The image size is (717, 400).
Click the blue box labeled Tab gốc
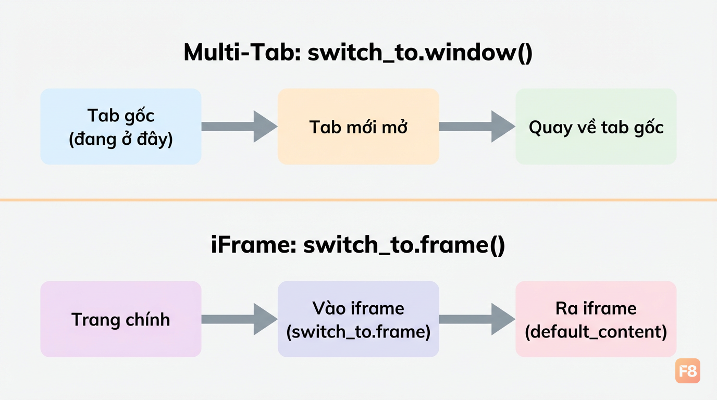coord(121,127)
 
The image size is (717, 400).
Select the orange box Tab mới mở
coord(358,127)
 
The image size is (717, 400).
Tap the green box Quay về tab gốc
coord(596,127)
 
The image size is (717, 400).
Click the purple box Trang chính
coord(121,319)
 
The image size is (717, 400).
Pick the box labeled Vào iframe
coord(358,319)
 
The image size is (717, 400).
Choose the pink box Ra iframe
coord(596,319)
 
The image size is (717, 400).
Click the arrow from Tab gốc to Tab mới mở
coord(239,127)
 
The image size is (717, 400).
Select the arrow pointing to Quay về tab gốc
coord(477,127)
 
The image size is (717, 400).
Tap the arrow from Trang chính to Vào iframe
coord(239,319)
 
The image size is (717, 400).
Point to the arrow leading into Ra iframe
coord(477,319)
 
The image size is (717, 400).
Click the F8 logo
coord(688,371)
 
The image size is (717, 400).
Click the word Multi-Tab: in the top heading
coord(242,52)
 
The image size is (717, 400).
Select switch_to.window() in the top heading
coord(420,53)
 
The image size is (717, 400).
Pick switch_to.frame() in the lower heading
coord(404,245)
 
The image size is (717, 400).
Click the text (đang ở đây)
coord(121,140)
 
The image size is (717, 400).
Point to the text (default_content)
coord(596,332)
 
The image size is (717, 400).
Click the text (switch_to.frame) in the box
coord(358,332)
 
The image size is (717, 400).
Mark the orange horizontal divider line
coord(358,200)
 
